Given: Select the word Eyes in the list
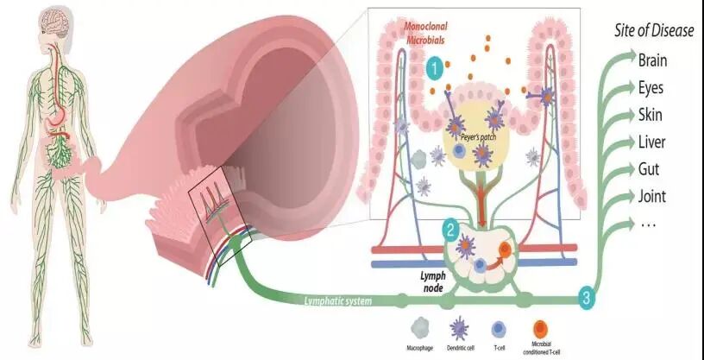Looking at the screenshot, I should (651, 87).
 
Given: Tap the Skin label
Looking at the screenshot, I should (651, 114).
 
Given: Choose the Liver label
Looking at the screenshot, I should (652, 141).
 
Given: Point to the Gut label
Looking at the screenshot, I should (650, 168).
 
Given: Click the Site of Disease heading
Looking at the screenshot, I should (652, 31).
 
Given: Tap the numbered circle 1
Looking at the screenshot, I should (438, 66).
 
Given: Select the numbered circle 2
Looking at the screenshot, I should (449, 230).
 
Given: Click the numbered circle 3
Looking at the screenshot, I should (587, 299).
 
